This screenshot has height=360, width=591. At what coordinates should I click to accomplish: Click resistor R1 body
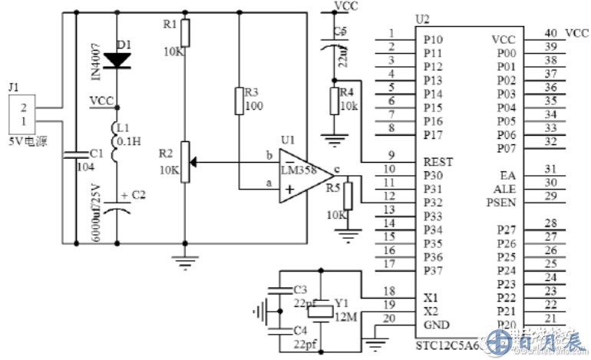184,33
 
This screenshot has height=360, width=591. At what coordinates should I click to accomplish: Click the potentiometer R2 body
184,161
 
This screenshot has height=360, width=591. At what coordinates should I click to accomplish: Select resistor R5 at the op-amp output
348,196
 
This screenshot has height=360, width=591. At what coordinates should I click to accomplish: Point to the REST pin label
437,162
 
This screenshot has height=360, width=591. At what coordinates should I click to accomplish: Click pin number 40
550,33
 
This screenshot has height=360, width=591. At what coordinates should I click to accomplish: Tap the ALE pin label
504,189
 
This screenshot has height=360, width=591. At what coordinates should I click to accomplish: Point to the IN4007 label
97,63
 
